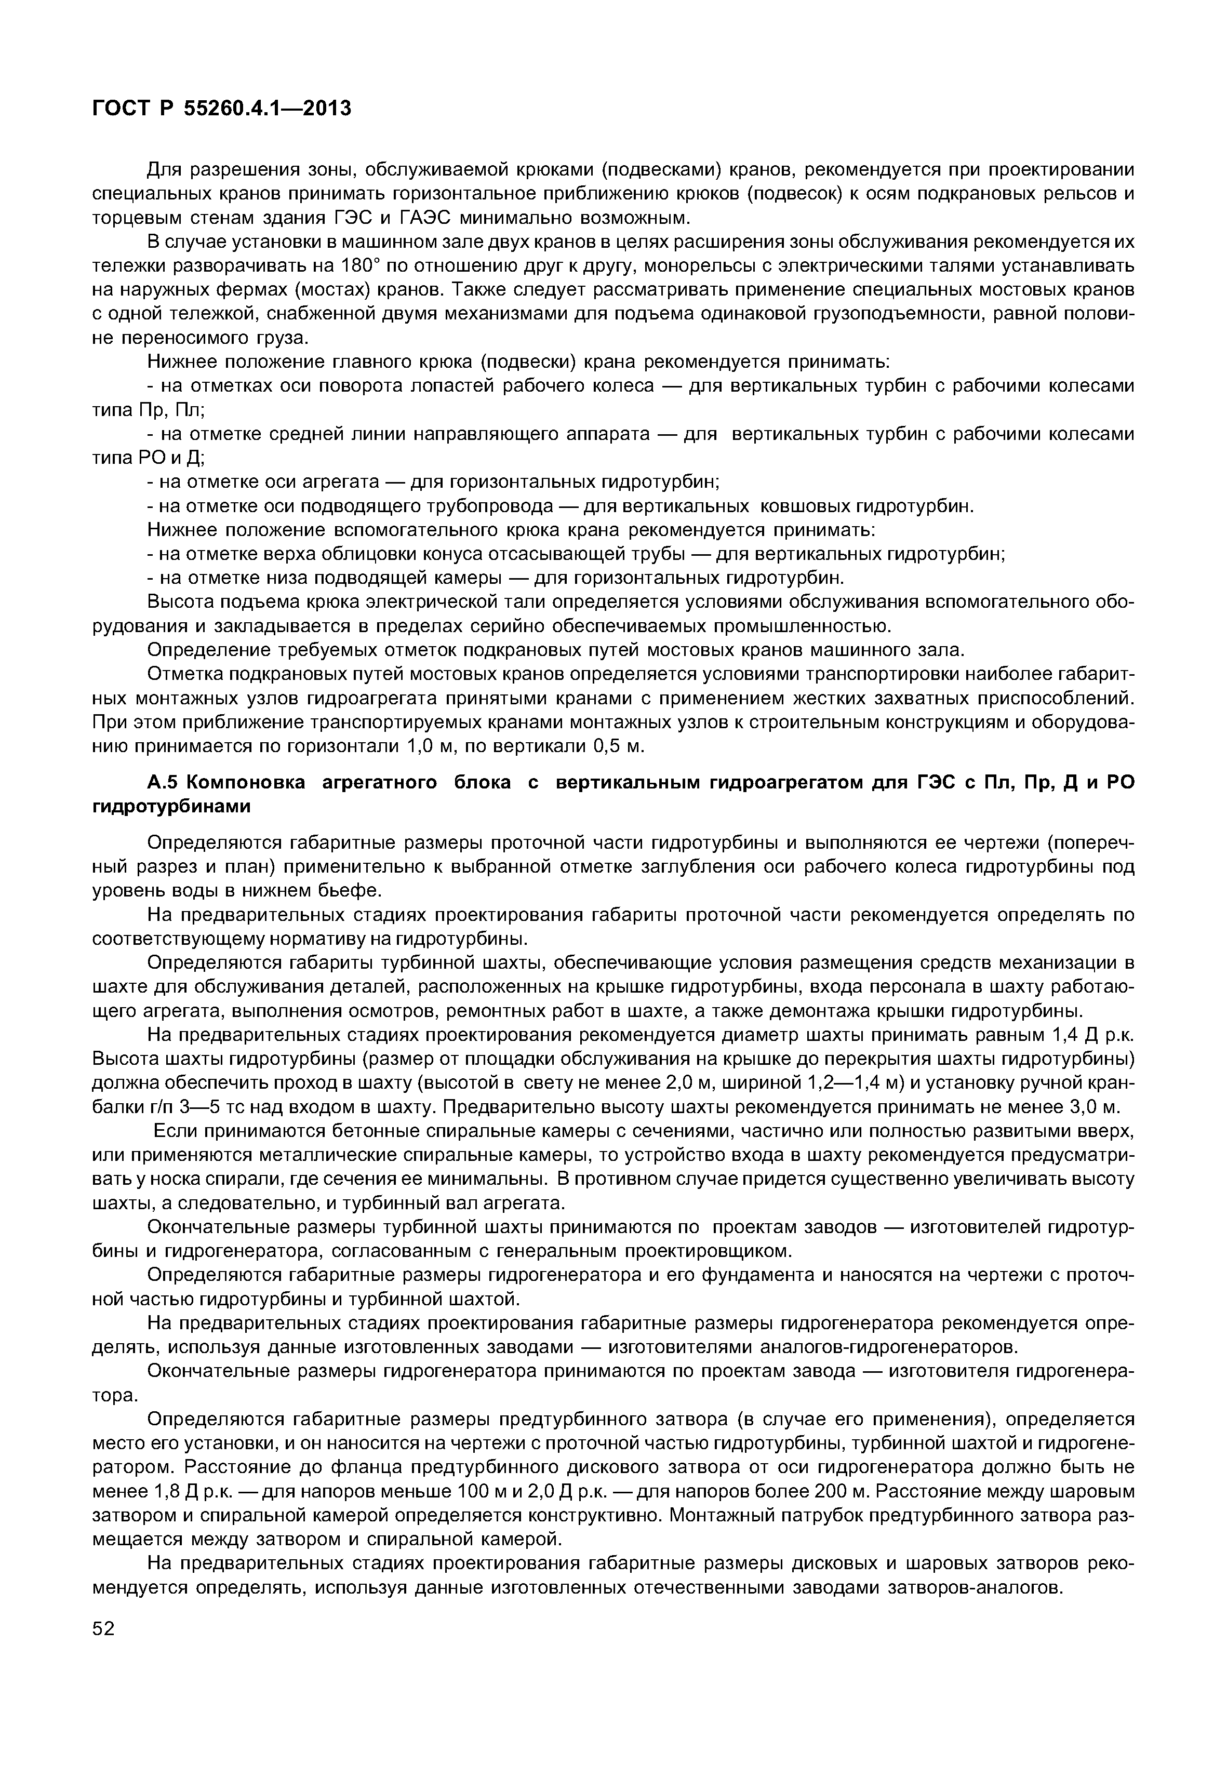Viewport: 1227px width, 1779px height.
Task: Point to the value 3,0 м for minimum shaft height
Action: [1088, 1107]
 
